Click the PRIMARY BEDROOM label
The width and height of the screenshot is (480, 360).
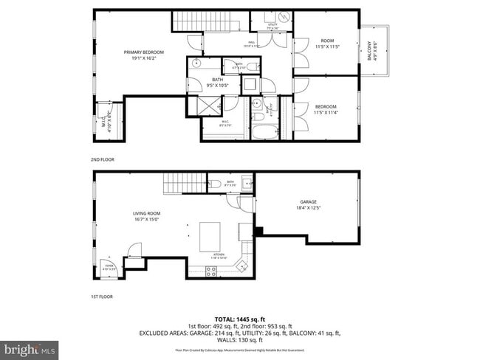pyautogui.click(x=143, y=52)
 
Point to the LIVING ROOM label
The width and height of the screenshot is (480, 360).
pyautogui.click(x=146, y=214)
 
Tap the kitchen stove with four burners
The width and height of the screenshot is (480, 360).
pyautogui.click(x=211, y=271)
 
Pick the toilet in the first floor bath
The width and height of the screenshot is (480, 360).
pyautogui.click(x=214, y=184)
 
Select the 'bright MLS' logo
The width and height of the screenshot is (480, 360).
pyautogui.click(x=30, y=347)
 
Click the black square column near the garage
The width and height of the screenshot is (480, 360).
pyautogui.click(x=258, y=231)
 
